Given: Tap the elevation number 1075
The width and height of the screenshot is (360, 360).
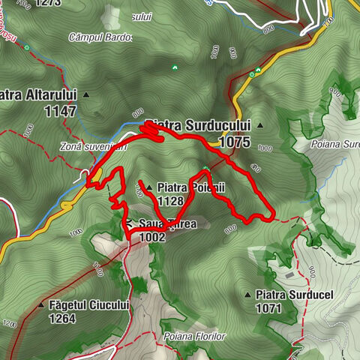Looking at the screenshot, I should click(x=234, y=140).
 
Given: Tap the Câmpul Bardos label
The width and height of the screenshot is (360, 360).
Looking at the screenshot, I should click(x=100, y=37).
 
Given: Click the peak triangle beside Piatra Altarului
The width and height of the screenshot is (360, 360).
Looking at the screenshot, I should click(x=86, y=95).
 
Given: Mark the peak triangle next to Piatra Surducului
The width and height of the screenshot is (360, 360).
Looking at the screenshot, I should click(x=259, y=124).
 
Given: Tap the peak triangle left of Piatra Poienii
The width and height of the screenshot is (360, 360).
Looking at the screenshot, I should click(x=148, y=187).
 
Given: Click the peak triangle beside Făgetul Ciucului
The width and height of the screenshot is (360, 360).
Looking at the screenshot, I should click(x=41, y=305).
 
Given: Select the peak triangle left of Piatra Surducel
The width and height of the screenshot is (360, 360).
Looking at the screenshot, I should click(x=248, y=295).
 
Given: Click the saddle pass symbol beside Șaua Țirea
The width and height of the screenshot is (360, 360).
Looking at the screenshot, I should click(x=129, y=223).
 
